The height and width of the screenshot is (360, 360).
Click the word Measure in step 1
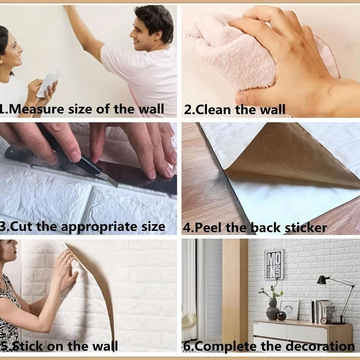37,109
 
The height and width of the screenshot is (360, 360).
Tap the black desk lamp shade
323,280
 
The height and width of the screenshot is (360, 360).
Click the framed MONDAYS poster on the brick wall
274,264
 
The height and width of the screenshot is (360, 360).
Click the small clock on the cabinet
324,320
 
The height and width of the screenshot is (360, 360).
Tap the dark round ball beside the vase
282,316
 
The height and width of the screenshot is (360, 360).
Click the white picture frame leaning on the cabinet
289,310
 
